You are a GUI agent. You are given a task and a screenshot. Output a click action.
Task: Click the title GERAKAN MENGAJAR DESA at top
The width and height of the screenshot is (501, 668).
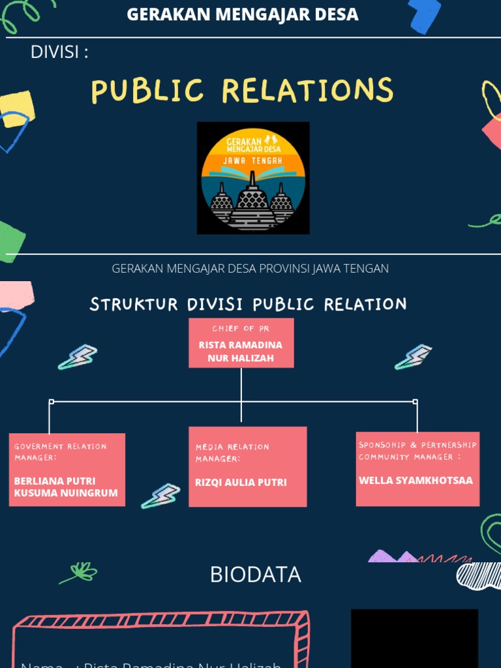[x=242, y=14]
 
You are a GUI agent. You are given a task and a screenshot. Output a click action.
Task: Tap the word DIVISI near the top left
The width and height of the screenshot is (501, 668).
[x=59, y=52]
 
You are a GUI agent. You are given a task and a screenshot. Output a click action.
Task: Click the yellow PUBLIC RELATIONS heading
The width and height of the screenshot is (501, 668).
[x=242, y=91]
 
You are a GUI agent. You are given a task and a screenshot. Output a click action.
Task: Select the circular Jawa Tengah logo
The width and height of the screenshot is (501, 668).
[x=253, y=178]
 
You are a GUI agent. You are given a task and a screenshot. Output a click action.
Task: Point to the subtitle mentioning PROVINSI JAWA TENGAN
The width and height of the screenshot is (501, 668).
[x=250, y=268]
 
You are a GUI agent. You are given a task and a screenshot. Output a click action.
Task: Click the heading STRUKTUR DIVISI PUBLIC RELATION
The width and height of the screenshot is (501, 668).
[x=248, y=304]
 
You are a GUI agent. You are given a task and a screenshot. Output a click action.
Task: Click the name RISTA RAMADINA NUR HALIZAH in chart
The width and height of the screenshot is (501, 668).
[x=241, y=351]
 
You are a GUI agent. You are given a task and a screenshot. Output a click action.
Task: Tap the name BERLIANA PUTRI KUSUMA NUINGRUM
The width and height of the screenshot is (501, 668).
[x=66, y=487]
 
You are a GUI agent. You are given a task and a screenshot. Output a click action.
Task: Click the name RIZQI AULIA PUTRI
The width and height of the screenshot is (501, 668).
[x=241, y=483]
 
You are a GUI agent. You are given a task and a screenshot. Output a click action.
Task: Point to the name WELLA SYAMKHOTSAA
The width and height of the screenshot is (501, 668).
[x=416, y=480]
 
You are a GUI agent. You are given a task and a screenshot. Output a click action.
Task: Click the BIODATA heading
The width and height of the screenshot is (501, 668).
[x=255, y=575]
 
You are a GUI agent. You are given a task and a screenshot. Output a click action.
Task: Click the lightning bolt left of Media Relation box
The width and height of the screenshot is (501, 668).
[x=160, y=496]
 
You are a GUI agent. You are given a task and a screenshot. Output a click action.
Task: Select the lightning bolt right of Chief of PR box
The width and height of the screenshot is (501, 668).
[x=413, y=357]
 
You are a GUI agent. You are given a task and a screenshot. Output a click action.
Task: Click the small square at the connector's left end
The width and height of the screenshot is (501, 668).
[x=52, y=402]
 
